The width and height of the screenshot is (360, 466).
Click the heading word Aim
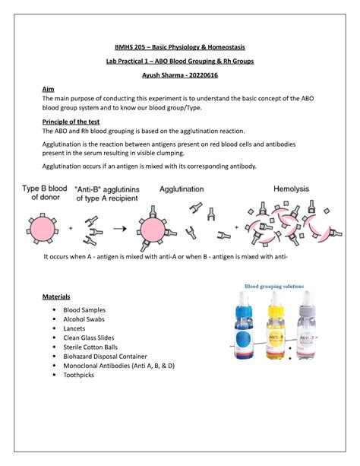[49, 89]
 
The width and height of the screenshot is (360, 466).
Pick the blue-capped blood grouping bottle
[245, 328]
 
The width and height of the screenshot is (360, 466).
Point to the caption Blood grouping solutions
[274, 287]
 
